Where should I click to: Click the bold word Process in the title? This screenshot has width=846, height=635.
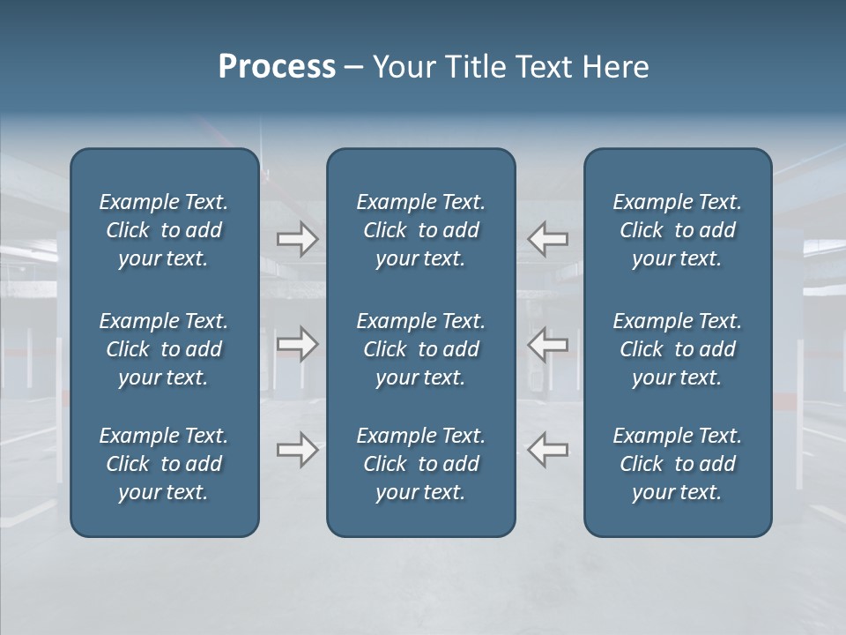tap(277, 67)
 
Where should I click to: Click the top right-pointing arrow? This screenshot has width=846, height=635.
tap(297, 239)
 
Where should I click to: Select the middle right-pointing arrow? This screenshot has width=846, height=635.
tap(297, 344)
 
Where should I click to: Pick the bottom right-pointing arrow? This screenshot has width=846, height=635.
tap(297, 450)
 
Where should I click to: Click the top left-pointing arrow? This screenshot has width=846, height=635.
tap(548, 239)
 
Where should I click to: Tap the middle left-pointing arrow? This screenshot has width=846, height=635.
tap(548, 344)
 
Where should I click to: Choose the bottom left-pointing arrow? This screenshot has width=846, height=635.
tap(548, 450)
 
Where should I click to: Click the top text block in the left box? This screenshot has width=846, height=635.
tap(164, 230)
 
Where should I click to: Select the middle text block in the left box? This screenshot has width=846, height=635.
tap(164, 349)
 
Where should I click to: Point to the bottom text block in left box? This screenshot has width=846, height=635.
tap(164, 464)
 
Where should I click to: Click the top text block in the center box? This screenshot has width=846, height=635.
tap(420, 230)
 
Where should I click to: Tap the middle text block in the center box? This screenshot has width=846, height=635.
tap(420, 349)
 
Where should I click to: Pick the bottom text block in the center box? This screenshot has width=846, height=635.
tap(420, 464)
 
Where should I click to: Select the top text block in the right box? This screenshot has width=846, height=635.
tap(677, 230)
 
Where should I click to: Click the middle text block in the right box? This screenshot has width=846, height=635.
tap(677, 349)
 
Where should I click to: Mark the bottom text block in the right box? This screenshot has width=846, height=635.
tap(677, 464)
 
